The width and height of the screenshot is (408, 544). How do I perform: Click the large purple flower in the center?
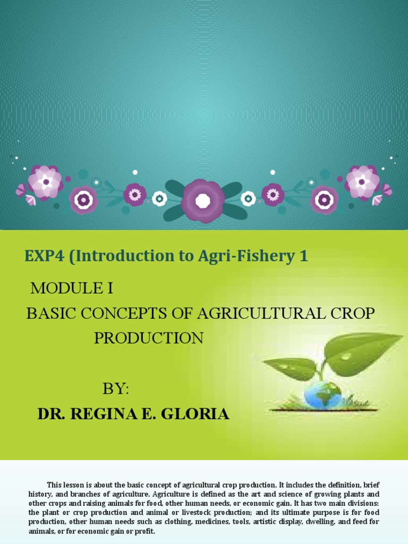[x=203, y=200]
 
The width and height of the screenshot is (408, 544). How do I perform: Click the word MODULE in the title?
[x=64, y=288]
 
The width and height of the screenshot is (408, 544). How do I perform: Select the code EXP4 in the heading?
[x=45, y=256]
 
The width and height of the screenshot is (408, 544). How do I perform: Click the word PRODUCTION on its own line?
[x=149, y=338]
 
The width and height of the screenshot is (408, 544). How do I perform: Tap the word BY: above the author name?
[x=116, y=388]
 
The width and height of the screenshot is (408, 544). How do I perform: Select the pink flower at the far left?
[x=45, y=182]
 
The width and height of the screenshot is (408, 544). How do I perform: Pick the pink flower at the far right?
[x=362, y=182]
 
